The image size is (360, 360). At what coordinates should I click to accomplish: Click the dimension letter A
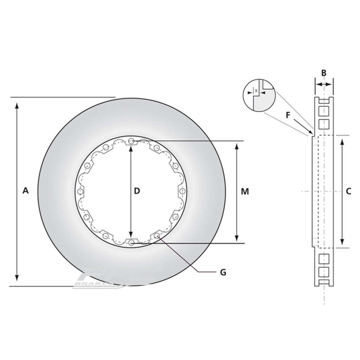[x=25, y=191]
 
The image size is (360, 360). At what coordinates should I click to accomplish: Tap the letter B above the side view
[x=324, y=73]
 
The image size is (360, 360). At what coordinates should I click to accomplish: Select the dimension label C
[x=348, y=191]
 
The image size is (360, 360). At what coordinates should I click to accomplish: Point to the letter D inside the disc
[x=137, y=191]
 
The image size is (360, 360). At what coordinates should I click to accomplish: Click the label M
[x=245, y=192]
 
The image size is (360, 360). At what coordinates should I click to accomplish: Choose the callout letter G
[x=223, y=272]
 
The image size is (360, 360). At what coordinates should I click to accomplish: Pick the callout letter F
[x=289, y=115]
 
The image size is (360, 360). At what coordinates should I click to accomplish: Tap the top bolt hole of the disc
[x=131, y=141]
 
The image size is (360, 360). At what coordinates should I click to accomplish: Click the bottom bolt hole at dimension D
[x=131, y=242]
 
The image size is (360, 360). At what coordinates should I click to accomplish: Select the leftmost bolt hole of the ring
[x=81, y=192]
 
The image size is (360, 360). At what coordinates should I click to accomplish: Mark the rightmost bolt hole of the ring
[x=182, y=192]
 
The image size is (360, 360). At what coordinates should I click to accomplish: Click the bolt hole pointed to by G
[x=156, y=235]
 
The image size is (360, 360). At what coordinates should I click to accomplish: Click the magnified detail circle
[x=259, y=95]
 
